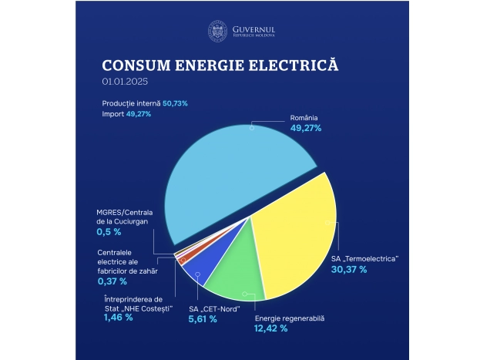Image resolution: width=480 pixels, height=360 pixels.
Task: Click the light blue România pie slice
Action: [x=231, y=177]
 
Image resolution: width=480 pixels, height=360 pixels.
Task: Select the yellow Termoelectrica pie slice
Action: [x=297, y=239]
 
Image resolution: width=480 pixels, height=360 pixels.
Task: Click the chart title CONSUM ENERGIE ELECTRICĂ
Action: [x=220, y=65]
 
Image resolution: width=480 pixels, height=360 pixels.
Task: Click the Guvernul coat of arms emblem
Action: [x=218, y=32]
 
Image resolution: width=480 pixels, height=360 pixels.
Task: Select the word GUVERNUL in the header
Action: [x=253, y=29]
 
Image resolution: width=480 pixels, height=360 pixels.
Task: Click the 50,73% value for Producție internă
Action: [x=175, y=103]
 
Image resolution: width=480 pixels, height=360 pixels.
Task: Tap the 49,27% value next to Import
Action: [x=139, y=113]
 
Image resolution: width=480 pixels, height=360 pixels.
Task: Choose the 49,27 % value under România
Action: [x=306, y=128]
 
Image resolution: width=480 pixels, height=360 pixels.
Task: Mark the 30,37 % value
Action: [x=349, y=270]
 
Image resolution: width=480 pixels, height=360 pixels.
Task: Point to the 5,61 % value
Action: [x=203, y=319]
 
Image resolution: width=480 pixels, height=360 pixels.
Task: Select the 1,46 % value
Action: [x=117, y=316]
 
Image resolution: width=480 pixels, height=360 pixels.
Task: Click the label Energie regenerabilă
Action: [x=290, y=318]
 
